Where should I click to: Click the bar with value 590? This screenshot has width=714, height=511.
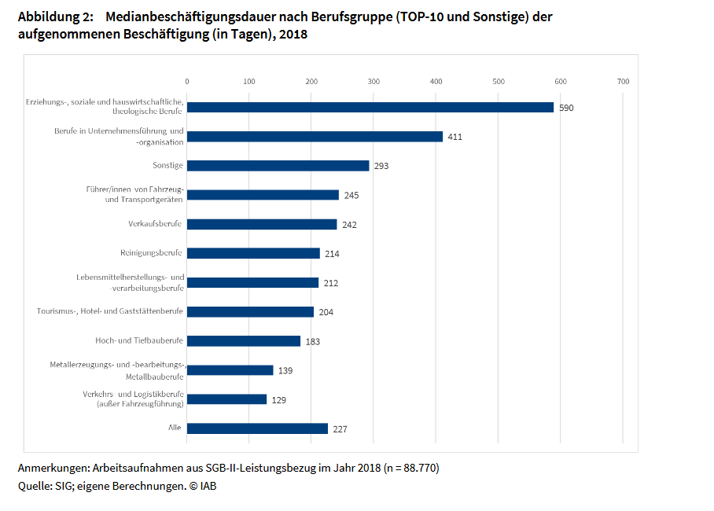[x=370, y=107]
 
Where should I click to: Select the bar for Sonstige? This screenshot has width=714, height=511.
[x=278, y=166]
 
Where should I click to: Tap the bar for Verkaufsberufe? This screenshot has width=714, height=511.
[x=262, y=224]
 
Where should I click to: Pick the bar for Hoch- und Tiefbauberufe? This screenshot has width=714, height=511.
[x=244, y=341]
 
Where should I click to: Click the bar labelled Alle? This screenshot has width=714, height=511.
[x=257, y=428]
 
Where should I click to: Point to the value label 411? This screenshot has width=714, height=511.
[x=455, y=137]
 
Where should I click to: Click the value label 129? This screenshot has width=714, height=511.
[x=278, y=399]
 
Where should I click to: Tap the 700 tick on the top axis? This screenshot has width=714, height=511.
[x=623, y=81]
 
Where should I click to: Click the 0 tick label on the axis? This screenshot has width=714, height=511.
[x=187, y=81]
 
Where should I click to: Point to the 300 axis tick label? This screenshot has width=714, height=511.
[x=374, y=81]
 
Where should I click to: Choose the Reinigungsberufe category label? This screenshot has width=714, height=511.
[x=151, y=253]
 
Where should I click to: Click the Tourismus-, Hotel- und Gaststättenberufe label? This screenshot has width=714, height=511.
[x=110, y=311]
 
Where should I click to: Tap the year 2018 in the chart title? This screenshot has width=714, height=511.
[x=293, y=35]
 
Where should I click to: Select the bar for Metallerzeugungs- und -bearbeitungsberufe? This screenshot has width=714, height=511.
[x=230, y=370]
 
